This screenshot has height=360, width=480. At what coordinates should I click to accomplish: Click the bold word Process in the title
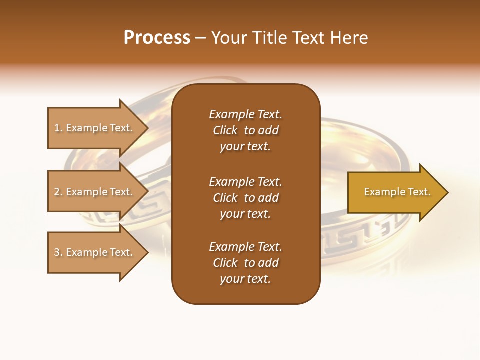pos(157,38)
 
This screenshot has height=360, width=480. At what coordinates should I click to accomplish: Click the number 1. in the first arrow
pos(58,128)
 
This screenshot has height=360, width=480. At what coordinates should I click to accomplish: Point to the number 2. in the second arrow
pos(58,192)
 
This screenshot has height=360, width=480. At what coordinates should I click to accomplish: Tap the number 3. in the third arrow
pos(58,252)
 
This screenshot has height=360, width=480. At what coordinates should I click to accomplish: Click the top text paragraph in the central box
pos(245,130)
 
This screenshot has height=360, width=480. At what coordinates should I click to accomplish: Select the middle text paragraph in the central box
pos(245,198)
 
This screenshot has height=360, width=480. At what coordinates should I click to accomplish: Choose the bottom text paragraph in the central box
pos(245,263)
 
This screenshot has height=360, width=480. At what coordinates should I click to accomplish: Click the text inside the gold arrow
pos(397,192)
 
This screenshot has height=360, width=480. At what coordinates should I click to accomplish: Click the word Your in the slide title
pos(227,38)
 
